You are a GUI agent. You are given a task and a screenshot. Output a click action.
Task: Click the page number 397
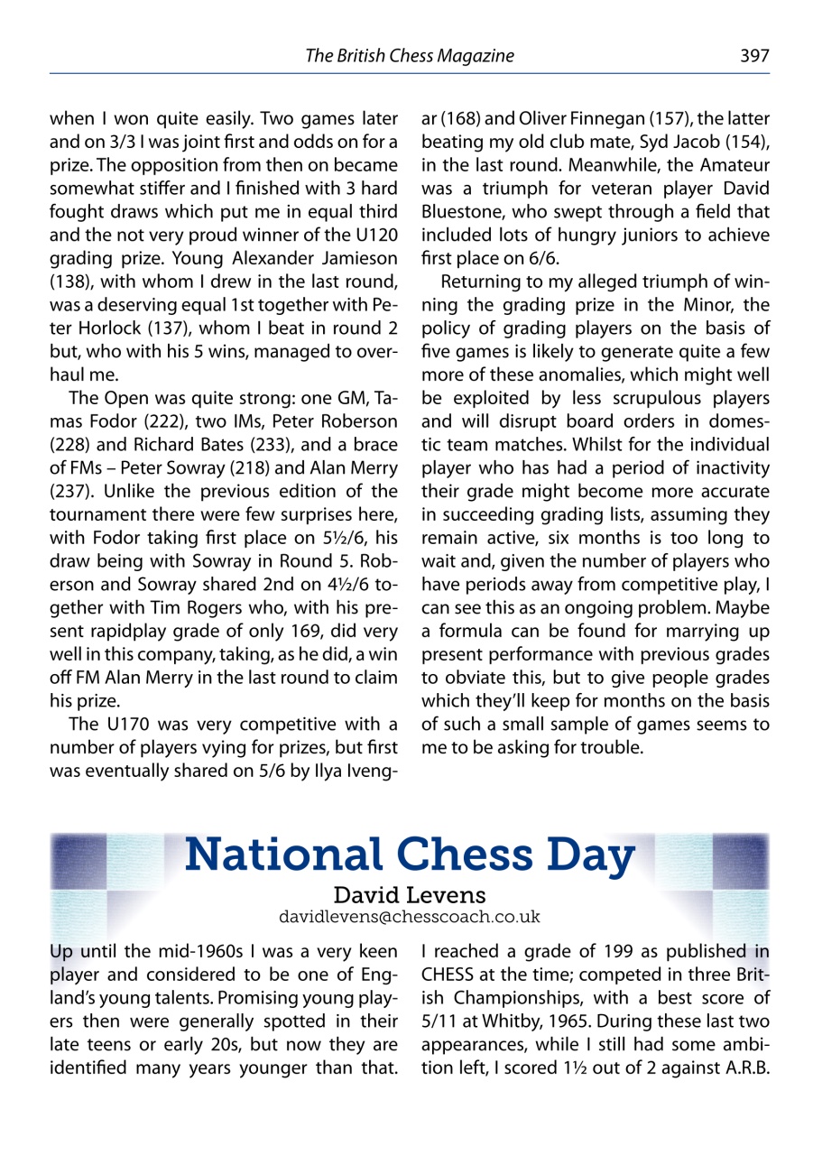(754, 56)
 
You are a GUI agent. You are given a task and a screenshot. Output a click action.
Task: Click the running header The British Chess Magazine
(410, 56)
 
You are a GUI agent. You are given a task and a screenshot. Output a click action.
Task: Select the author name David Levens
(410, 895)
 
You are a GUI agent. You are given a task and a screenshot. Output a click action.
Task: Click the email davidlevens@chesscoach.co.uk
(410, 917)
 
